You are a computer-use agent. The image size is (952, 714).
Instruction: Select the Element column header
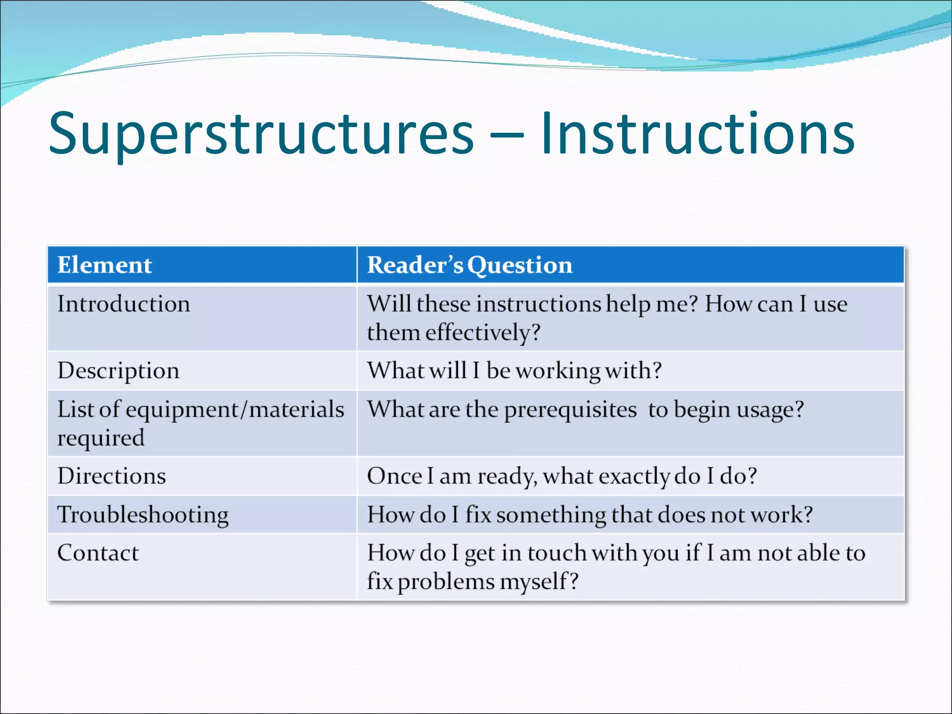pos(105,265)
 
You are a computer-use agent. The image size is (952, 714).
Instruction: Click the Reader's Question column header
pos(469,265)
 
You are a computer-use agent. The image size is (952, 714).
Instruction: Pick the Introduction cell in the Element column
pos(124,304)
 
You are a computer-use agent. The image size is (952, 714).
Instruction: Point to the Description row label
pos(118,371)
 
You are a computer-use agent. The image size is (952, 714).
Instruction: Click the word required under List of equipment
pos(101,438)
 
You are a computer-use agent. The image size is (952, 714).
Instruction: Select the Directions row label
pos(112,476)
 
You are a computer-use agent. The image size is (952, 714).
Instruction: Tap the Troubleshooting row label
pos(143,515)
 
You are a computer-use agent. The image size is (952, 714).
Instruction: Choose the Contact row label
pos(98,553)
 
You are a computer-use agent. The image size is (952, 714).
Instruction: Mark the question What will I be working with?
pos(514,371)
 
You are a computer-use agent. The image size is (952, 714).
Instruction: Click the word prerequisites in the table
pos(570,410)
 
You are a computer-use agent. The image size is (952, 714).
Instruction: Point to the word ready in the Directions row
pos(507,477)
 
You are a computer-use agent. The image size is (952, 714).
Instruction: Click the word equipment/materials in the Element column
pos(235,410)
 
